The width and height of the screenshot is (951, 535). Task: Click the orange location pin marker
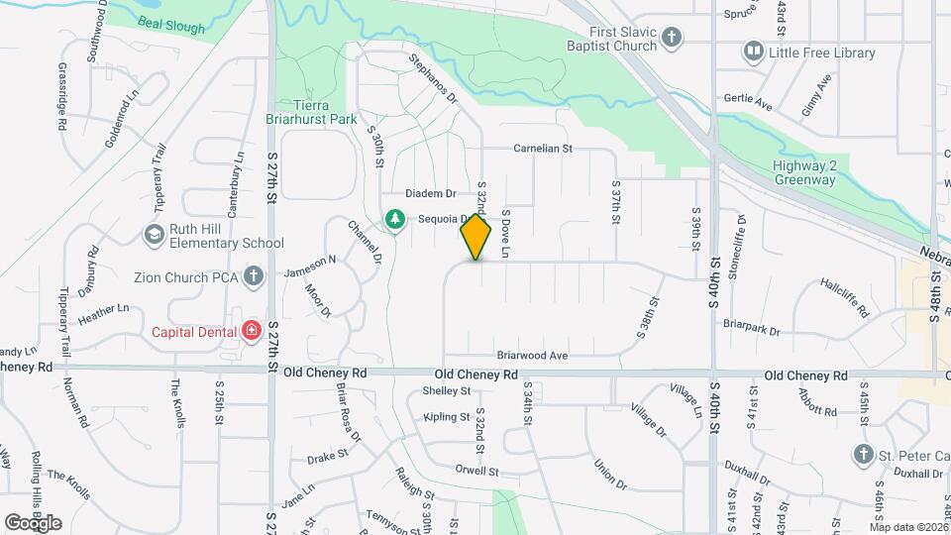[x=475, y=236]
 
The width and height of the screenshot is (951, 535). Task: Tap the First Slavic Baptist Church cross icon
[x=673, y=39]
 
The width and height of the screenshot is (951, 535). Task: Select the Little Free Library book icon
[x=754, y=52]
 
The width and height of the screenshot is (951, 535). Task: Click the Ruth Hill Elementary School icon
[x=154, y=234]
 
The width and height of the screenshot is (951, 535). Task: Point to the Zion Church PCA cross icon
[x=254, y=276]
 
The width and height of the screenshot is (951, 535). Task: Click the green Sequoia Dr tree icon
[x=395, y=218]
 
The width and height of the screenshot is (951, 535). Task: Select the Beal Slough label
[x=162, y=21]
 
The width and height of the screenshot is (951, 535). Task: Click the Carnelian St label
[x=543, y=149]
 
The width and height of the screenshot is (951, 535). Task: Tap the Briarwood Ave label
[x=532, y=355]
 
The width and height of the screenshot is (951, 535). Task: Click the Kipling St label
[x=447, y=417]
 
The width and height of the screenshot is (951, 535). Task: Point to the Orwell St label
[x=476, y=471]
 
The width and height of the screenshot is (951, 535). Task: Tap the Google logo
[x=33, y=523]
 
